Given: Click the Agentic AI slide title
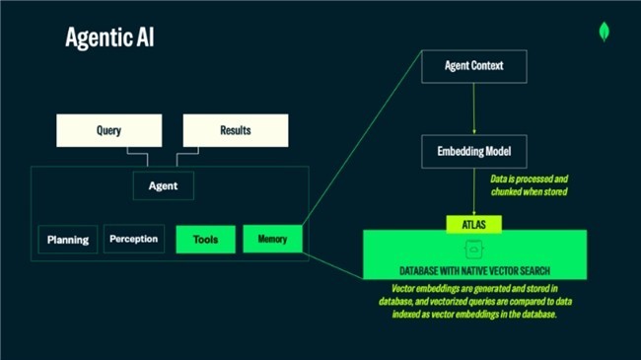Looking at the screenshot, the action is coord(109,37).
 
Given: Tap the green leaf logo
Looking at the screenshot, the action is coord(604,32).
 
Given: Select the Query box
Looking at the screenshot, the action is coord(109,130).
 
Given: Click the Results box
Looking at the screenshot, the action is coord(236,130).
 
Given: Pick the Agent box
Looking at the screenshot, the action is coord(164,186).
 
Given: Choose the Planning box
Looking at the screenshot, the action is coord(68,240).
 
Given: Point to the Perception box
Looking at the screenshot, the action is coord(134,239).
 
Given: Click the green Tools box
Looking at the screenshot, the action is coord(206,240).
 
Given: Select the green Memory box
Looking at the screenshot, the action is coord(272,239).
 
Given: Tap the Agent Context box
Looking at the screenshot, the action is coord(474,66).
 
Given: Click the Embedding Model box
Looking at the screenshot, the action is coord(474,151).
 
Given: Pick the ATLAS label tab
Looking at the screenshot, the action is coord(473,225).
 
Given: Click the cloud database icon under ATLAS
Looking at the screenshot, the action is coord(473,250).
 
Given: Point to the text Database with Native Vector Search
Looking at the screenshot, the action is coord(474,271).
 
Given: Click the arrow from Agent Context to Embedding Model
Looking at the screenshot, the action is coord(474,108).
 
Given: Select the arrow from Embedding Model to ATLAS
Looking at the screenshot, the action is coord(474,192).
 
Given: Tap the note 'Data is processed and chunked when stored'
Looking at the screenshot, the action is coord(529,185).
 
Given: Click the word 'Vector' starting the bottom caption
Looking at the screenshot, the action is coord(402,288).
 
